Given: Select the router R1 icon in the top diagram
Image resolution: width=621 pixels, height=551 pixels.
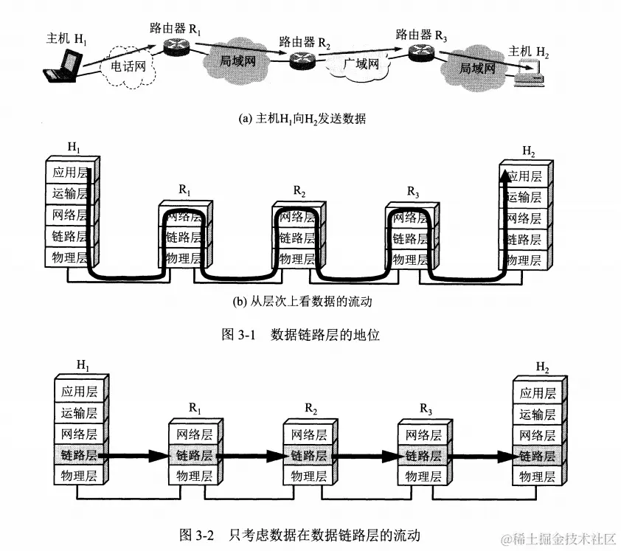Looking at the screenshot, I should pyautogui.click(x=176, y=46).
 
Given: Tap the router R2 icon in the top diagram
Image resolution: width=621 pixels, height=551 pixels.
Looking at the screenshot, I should pyautogui.click(x=302, y=61).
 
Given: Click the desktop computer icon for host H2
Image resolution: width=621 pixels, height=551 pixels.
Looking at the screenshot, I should pyautogui.click(x=530, y=72).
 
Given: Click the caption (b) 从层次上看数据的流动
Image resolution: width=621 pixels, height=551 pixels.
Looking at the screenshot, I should pyautogui.click(x=302, y=301).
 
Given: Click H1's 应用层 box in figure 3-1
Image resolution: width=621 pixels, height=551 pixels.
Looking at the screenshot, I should pyautogui.click(x=69, y=173).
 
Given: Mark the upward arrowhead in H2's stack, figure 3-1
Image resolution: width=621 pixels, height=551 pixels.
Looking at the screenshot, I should pyautogui.click(x=504, y=176).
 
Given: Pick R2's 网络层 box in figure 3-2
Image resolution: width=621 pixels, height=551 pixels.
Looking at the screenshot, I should pyautogui.click(x=307, y=434).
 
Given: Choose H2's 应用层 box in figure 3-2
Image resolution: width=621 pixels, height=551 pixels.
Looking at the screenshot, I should pyautogui.click(x=536, y=392).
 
